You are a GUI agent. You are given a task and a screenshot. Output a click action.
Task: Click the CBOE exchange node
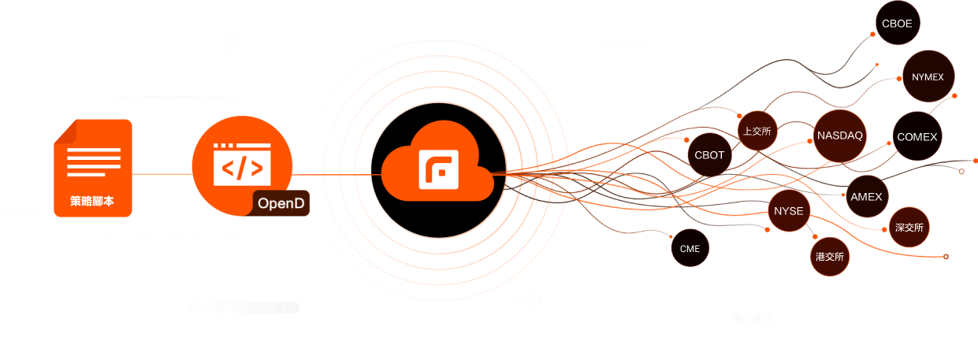pos(897,24)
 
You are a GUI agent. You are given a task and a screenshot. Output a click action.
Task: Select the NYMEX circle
pos(928,77)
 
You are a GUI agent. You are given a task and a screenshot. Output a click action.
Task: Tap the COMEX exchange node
pos(917,137)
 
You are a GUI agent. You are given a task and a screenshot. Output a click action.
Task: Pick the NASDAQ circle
pos(840,135)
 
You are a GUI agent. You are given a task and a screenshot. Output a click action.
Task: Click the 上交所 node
pos(757,132)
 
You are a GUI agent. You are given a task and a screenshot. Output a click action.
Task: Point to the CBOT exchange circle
pos(709,155)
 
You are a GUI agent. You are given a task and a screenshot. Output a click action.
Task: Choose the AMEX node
pos(867,197)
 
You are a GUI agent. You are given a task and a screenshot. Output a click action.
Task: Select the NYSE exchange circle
pos(789,211)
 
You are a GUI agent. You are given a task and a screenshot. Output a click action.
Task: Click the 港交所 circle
pos(829,257)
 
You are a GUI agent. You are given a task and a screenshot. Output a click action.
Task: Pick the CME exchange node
pos(690,249)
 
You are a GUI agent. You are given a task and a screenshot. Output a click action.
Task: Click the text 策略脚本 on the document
pos(92,202)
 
